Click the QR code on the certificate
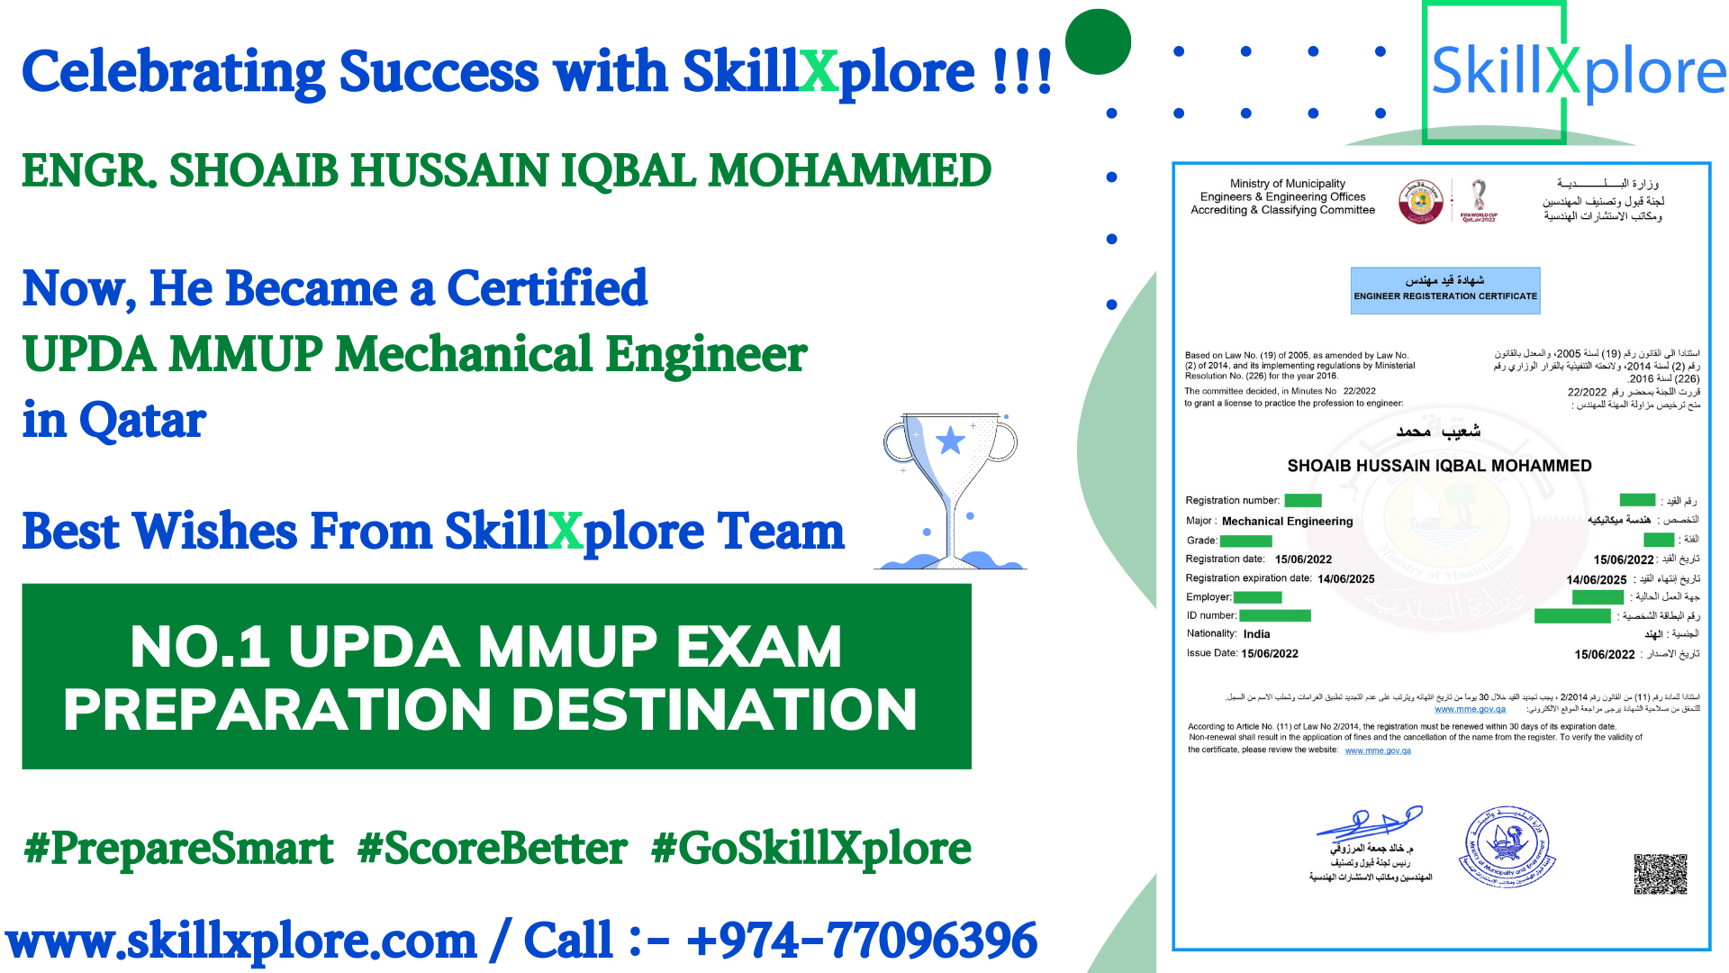point(1661,874)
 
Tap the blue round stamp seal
point(1507,847)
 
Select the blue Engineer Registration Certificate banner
point(1445,290)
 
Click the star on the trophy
point(950,441)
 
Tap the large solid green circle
point(1098,41)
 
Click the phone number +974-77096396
point(862,941)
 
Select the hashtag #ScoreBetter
point(492,849)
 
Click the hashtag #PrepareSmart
point(178,849)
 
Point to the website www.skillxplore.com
point(241,941)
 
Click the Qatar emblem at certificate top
point(1421,201)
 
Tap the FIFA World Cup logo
point(1479,201)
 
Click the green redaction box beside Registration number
point(1302,501)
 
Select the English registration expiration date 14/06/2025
point(1345,579)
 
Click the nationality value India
point(1256,634)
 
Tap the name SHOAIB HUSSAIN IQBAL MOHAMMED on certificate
point(1439,466)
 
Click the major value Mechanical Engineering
point(1287,522)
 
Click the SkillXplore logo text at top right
point(1578,72)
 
